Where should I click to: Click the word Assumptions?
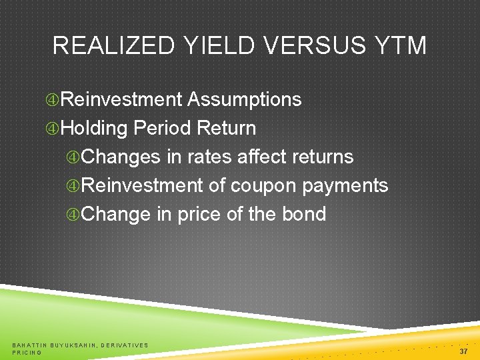point(245,99)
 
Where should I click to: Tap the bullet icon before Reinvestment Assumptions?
point(52,100)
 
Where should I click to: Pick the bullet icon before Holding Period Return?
point(52,128)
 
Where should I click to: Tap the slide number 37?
point(463,351)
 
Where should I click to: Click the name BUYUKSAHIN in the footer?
point(74,345)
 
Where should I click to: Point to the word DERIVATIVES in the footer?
point(125,345)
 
